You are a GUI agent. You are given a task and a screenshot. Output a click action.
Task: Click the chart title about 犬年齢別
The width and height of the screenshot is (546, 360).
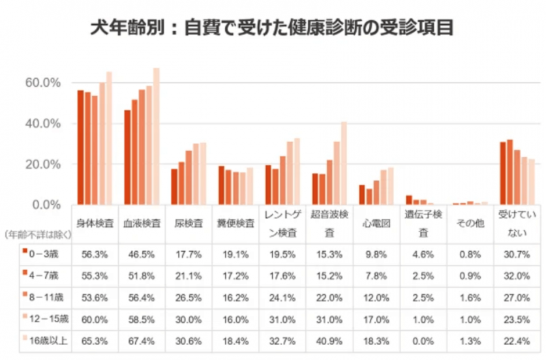click(273, 28)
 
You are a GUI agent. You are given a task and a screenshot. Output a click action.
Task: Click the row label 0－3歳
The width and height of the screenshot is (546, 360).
click(46, 252)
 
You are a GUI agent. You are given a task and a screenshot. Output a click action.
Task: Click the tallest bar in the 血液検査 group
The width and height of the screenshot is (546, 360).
click(156, 137)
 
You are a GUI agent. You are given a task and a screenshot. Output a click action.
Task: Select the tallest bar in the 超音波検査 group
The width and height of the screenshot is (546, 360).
click(343, 163)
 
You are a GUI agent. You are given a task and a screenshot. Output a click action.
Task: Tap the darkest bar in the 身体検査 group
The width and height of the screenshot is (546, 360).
click(80, 147)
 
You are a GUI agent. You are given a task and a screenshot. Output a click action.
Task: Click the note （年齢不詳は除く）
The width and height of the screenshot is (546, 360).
click(35, 233)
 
